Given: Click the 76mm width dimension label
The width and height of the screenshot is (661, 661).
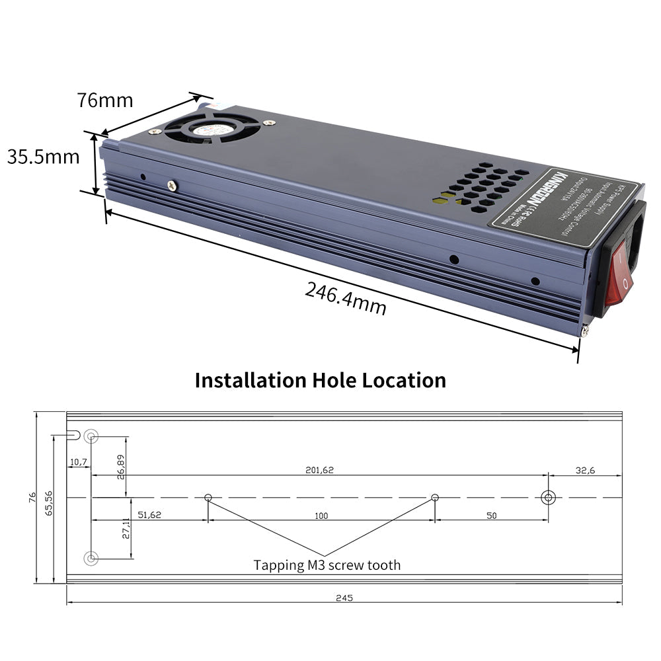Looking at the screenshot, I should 104,100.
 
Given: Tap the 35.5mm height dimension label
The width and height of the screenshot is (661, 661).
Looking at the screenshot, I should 43,157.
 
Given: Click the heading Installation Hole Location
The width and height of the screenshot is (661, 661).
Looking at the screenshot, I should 320,380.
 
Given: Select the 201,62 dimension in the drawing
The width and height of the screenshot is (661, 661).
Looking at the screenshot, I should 319,470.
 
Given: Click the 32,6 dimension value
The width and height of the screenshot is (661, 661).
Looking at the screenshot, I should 585,470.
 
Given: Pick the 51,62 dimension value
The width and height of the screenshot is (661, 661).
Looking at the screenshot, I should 149,516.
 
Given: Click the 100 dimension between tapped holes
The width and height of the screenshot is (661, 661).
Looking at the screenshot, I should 321,516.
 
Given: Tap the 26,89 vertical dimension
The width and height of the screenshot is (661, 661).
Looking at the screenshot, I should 120,467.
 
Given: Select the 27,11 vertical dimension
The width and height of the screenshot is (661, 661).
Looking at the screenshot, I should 126,529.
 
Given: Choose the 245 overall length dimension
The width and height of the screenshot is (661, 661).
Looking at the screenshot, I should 344,598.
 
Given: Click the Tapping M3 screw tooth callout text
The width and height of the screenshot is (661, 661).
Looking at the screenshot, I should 327,565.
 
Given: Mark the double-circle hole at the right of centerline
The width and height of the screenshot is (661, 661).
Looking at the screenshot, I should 548,498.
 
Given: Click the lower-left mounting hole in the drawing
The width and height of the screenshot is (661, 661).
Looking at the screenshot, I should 91,559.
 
